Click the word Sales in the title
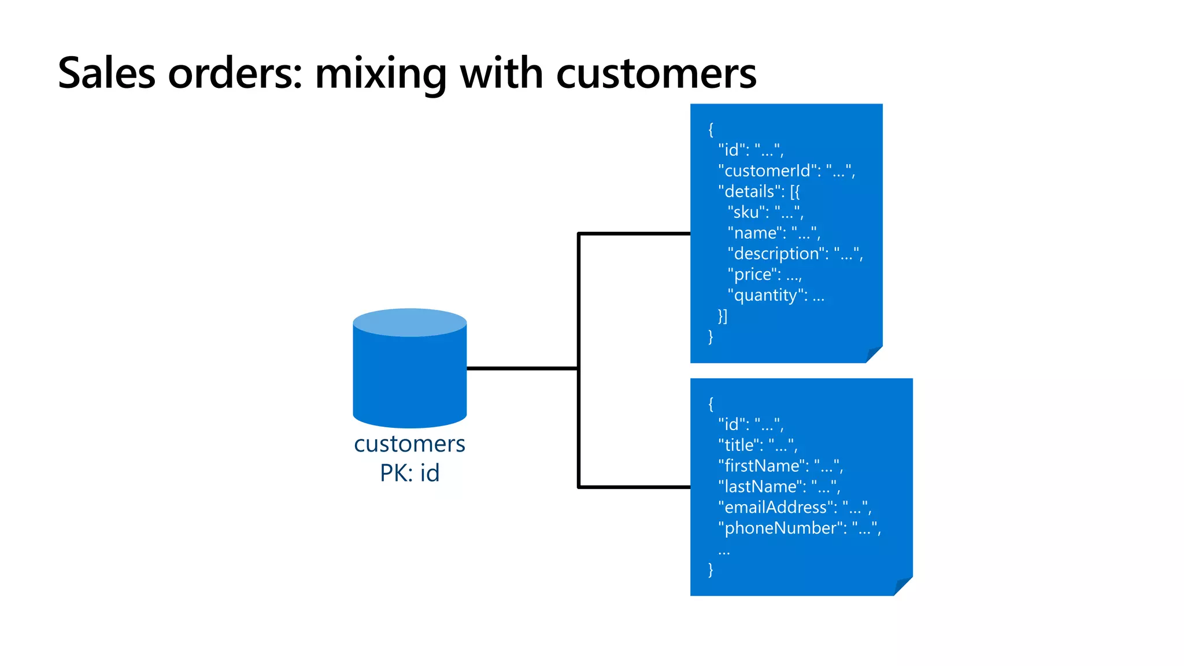tap(107, 73)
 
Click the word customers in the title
tap(656, 73)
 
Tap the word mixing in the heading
tap(380, 73)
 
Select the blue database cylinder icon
tap(409, 370)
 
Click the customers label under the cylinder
tap(409, 444)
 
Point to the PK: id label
tap(409, 473)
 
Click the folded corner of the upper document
tap(874, 354)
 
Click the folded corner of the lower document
tap(902, 586)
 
